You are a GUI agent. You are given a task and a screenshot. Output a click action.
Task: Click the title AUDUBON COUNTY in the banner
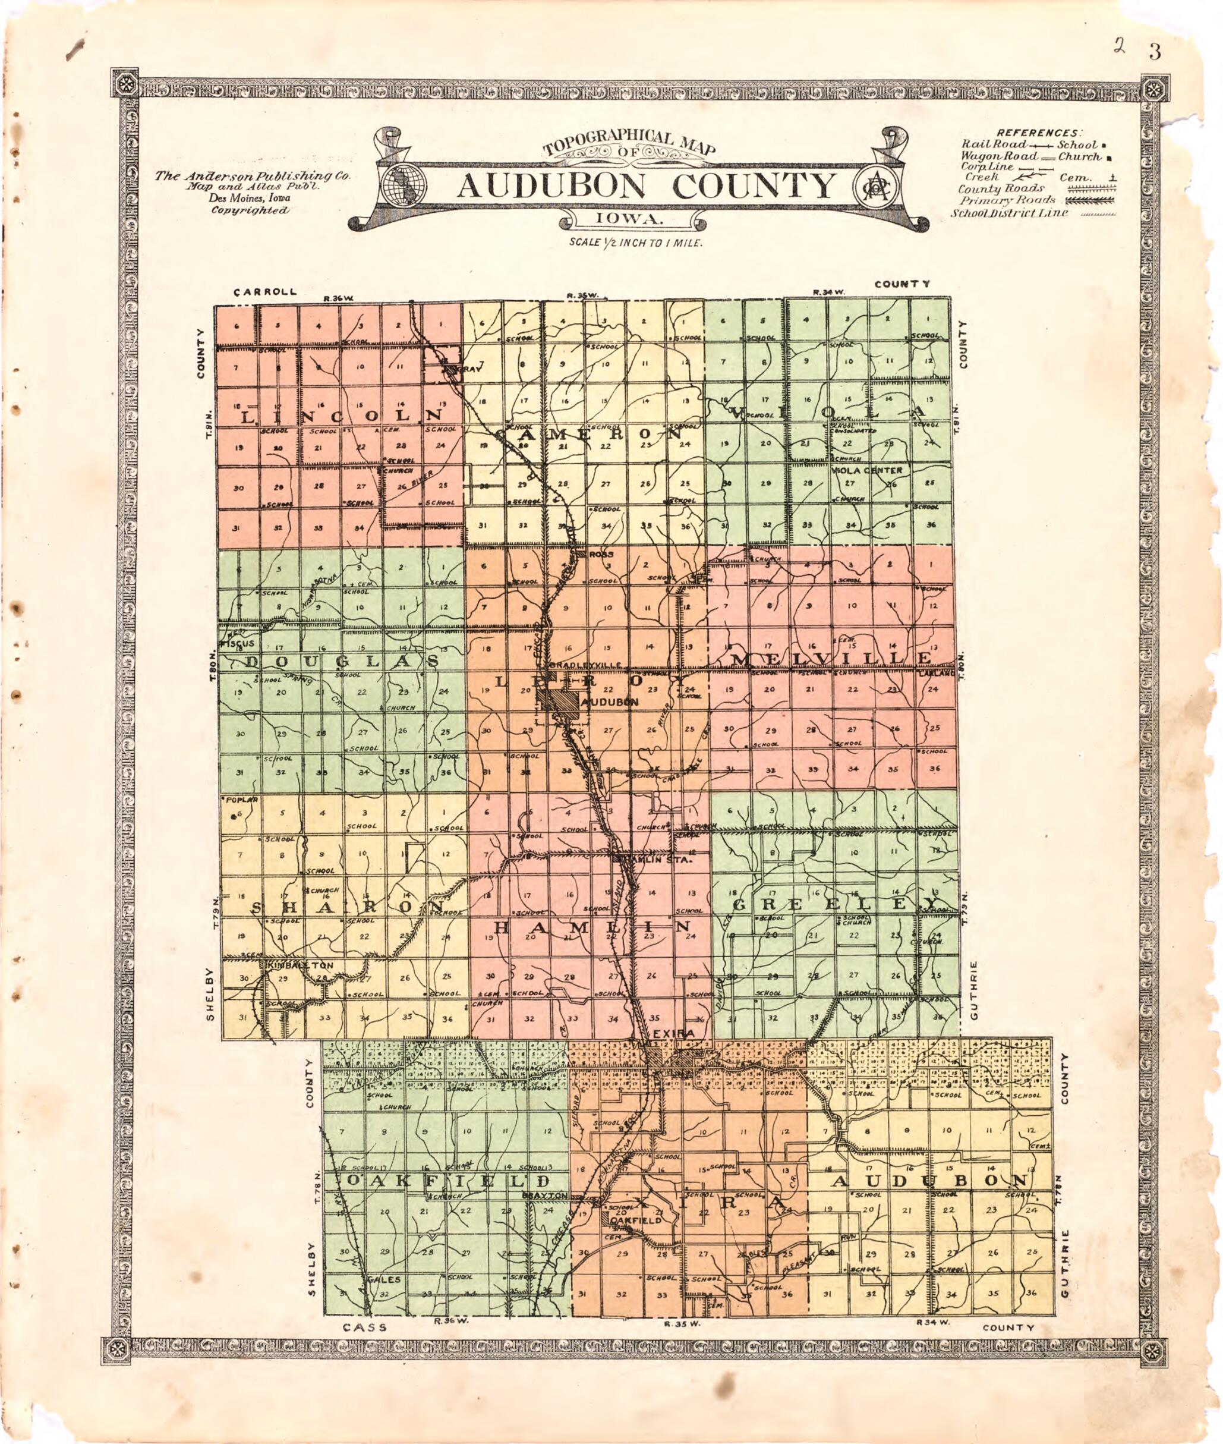(646, 185)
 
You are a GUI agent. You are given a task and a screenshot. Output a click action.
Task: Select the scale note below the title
(636, 244)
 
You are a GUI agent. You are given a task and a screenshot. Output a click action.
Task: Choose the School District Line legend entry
(1009, 213)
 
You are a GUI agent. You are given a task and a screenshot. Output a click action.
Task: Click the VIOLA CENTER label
(866, 470)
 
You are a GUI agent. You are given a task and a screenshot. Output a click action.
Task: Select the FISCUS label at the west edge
(237, 644)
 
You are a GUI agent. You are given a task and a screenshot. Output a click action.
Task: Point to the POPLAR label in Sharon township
(242, 800)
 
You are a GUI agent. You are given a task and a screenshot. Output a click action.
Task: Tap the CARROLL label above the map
(266, 292)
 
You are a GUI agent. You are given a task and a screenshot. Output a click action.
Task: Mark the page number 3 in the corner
(1153, 53)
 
